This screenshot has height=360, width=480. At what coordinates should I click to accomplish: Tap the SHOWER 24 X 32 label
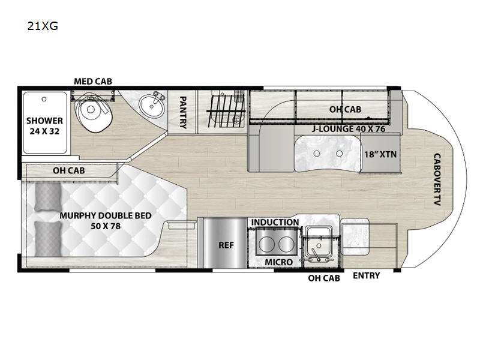45,125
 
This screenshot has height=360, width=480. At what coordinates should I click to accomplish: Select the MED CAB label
93,81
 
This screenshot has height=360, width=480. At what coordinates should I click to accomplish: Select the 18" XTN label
380,154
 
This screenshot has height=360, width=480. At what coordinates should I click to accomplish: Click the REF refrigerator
226,245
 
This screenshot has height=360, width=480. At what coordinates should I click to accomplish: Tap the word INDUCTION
275,223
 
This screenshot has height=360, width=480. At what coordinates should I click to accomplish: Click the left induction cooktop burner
265,245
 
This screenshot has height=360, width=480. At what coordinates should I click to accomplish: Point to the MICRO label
278,262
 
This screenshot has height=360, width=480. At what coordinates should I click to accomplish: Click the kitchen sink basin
317,247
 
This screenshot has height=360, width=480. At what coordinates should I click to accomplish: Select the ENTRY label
365,275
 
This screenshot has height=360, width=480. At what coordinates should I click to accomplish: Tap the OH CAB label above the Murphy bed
69,170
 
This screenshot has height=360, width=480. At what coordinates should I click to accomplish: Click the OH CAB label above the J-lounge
344,109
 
